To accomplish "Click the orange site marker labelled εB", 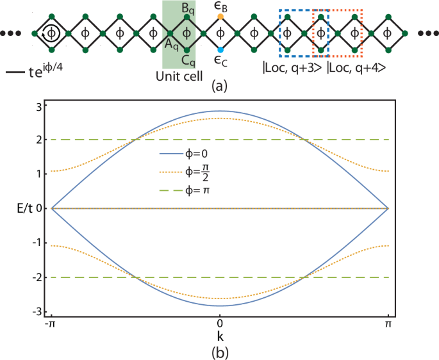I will pyautogui.click(x=220, y=15).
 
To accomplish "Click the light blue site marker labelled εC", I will pyautogui.click(x=220, y=49).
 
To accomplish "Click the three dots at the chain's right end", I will pyautogui.click(x=425, y=33).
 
